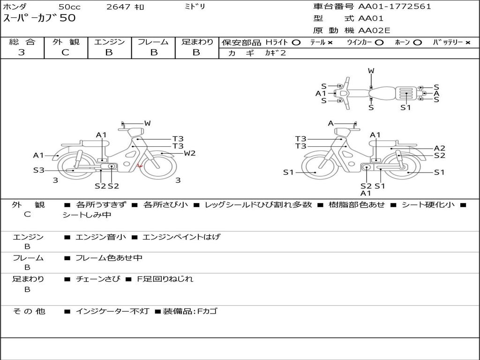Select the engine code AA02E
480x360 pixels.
[374, 31]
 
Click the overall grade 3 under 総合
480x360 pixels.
[22, 52]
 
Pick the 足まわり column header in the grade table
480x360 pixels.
[197, 42]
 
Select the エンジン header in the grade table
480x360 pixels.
[109, 42]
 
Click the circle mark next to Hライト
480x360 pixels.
[296, 42]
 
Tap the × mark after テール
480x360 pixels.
[330, 42]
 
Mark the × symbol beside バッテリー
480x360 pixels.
[467, 42]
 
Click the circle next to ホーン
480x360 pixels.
[417, 42]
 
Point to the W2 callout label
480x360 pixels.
[189, 153]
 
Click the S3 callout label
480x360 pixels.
[38, 170]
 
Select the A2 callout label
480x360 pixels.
[439, 148]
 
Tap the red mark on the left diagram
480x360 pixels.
[139, 165]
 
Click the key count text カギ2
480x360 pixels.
[276, 53]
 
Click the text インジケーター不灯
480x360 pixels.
[112, 311]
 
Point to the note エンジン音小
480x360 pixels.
[100, 237]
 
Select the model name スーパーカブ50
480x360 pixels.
[39, 18]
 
